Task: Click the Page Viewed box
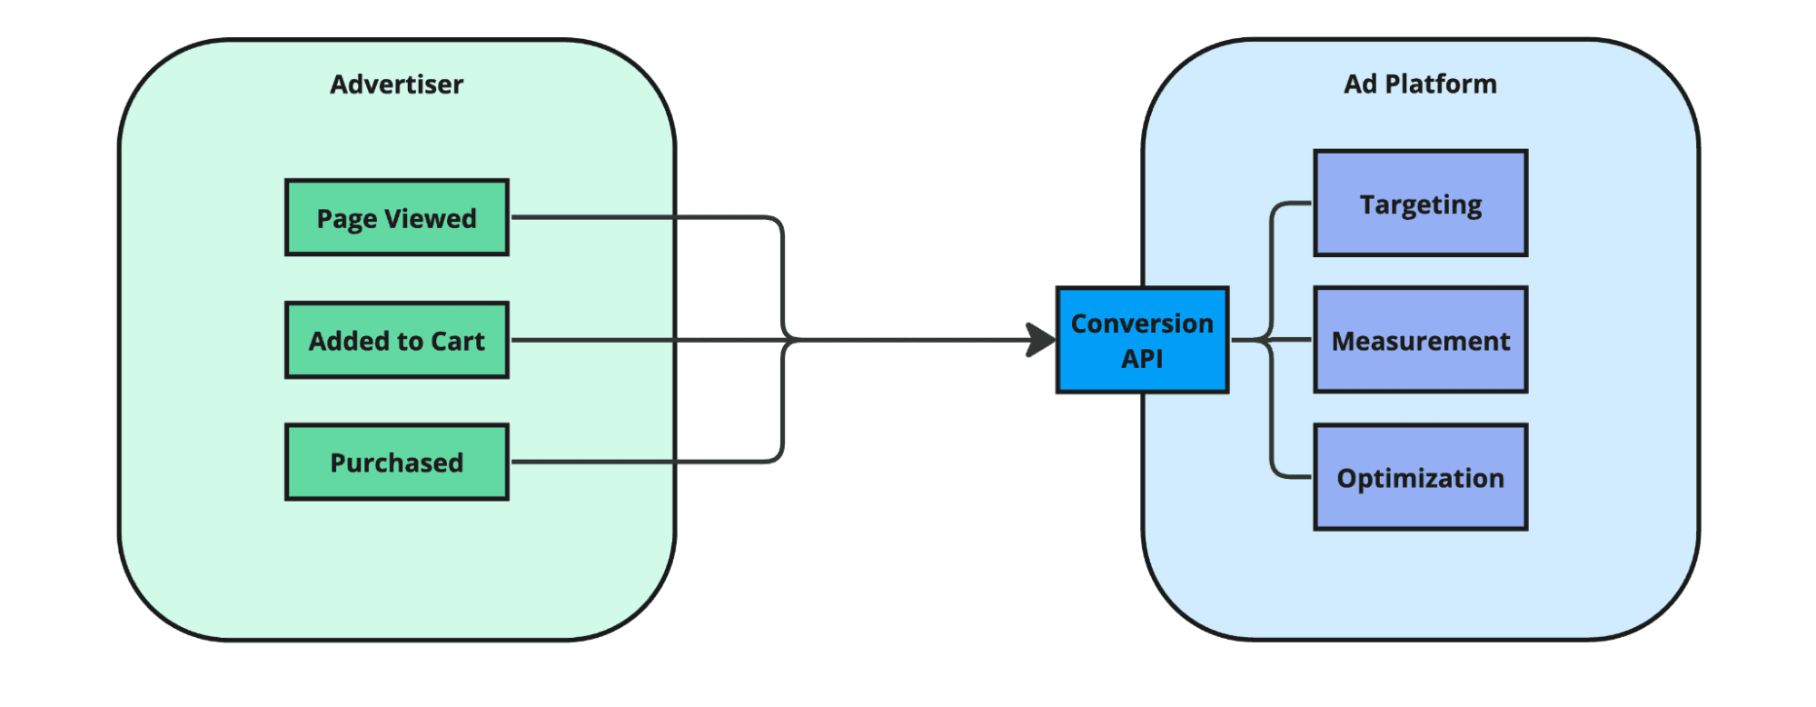point(396,217)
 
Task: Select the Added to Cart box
point(396,340)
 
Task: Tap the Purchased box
point(396,462)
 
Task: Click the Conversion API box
point(1142,340)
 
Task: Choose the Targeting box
point(1420,204)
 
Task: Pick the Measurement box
point(1420,340)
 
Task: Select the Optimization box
point(1420,477)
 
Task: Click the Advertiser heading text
point(396,85)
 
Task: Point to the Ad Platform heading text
point(1420,85)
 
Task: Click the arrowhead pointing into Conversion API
point(1041,340)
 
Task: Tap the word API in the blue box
point(1142,359)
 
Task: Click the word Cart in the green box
point(458,341)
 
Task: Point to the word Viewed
point(431,218)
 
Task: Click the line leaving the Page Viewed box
point(636,217)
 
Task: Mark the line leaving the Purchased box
point(636,462)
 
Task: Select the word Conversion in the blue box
point(1142,324)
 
